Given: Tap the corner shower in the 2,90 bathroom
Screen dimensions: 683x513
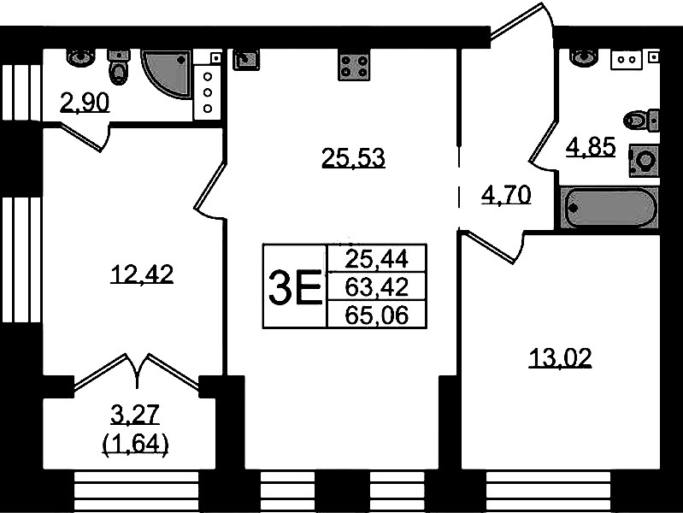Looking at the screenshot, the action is [168, 74].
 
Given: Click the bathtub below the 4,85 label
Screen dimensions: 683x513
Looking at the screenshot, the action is [609, 208].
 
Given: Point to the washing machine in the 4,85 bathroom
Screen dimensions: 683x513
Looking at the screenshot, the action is [644, 161].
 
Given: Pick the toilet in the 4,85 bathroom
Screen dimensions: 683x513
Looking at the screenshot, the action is [640, 120].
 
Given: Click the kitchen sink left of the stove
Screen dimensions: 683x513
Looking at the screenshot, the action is [246, 59].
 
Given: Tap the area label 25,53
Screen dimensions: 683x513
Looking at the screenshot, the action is [353, 158].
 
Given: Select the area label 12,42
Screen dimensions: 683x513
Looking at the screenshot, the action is [142, 274].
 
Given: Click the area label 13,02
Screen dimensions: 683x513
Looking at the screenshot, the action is [560, 358].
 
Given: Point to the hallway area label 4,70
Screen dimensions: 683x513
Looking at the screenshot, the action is [506, 195].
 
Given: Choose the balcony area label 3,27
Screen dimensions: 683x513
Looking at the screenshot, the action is [135, 414].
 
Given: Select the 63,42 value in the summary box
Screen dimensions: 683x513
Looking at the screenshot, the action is [377, 286].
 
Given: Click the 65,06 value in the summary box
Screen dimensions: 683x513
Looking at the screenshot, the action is [377, 315].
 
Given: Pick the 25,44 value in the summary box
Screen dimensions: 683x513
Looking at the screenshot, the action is [377, 259].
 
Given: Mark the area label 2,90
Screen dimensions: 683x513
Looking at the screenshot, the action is [85, 103].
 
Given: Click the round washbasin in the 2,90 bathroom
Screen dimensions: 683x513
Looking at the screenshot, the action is [80, 56].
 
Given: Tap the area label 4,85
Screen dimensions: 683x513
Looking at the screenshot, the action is [591, 146].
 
